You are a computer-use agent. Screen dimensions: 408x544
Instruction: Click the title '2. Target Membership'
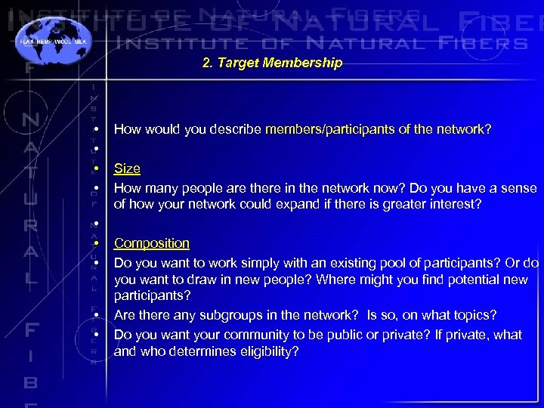[272, 63]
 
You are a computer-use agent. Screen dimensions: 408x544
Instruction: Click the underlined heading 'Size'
[127, 168]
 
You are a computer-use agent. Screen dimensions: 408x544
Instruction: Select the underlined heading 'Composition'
[151, 243]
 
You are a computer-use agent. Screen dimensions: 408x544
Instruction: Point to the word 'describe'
[238, 129]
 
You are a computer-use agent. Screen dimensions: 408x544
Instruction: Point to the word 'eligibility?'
[268, 351]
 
